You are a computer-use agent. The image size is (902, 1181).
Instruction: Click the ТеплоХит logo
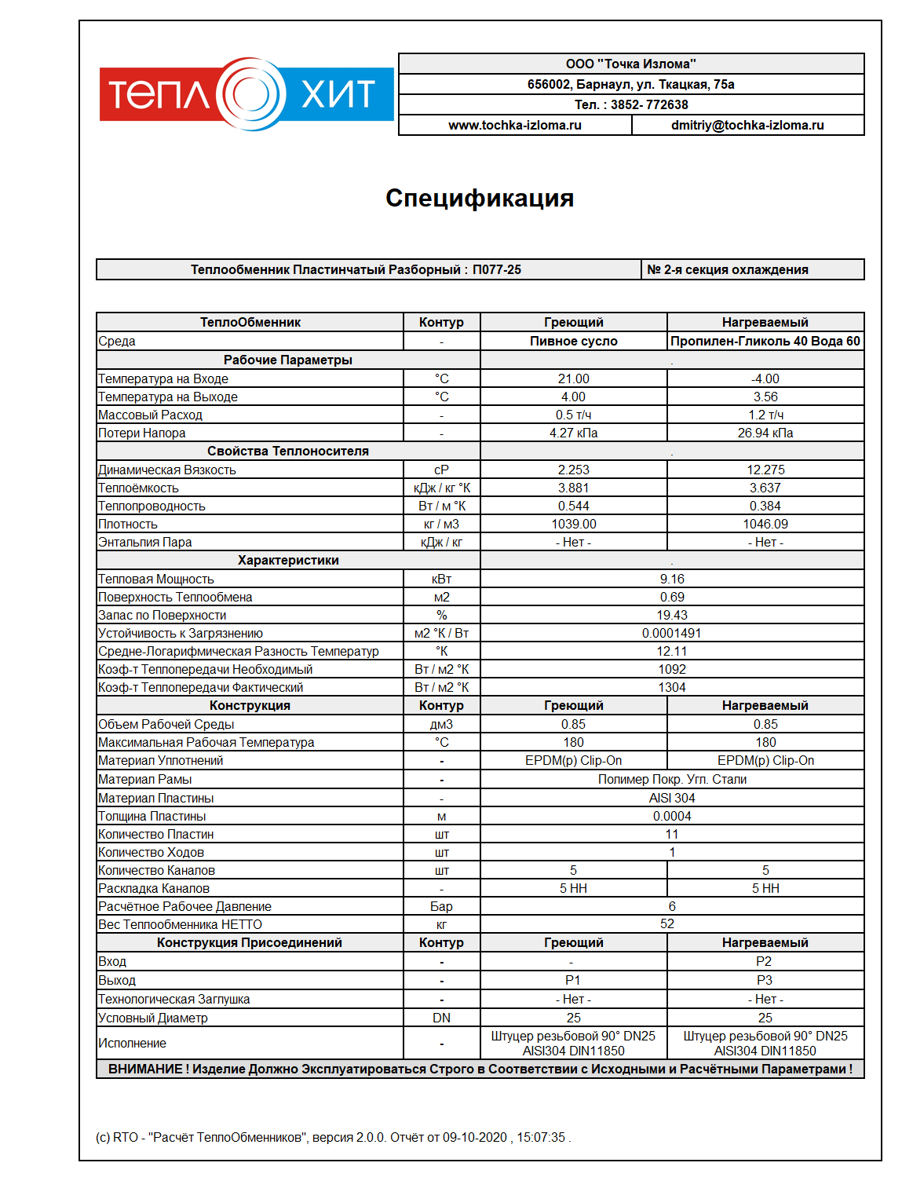pyautogui.click(x=246, y=94)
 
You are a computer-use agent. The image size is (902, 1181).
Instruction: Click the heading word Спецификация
pyautogui.click(x=480, y=198)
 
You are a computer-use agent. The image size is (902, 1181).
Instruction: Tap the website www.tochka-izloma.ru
pyautogui.click(x=515, y=125)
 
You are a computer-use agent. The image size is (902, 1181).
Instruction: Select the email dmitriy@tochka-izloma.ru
pyautogui.click(x=747, y=125)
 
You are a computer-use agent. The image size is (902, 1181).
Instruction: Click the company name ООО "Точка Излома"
pyautogui.click(x=630, y=64)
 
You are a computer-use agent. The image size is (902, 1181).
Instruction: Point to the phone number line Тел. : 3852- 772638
pyautogui.click(x=630, y=104)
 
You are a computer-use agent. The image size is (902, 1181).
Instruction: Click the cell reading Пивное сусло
pyautogui.click(x=573, y=341)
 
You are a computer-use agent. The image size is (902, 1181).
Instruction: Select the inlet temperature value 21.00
pyautogui.click(x=573, y=378)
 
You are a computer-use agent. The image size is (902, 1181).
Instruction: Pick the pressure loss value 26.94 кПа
pyautogui.click(x=765, y=433)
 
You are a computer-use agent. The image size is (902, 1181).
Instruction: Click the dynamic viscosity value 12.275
pyautogui.click(x=765, y=470)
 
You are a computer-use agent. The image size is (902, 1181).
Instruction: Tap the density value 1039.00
pyautogui.click(x=573, y=524)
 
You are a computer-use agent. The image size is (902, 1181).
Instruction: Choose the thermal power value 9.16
pyautogui.click(x=672, y=579)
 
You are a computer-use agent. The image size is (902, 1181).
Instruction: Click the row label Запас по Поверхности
pyautogui.click(x=162, y=615)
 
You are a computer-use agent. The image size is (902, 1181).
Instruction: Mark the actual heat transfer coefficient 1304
pyautogui.click(x=672, y=687)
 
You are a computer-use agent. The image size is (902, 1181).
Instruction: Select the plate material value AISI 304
pyautogui.click(x=672, y=798)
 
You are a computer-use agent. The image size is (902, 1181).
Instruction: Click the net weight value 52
pyautogui.click(x=667, y=924)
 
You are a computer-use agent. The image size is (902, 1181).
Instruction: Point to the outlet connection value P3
pyautogui.click(x=765, y=980)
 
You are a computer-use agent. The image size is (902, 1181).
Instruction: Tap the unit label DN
pyautogui.click(x=441, y=1018)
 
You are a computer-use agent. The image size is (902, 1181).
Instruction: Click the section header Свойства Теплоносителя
pyautogui.click(x=287, y=451)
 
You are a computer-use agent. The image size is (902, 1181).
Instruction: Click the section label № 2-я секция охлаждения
pyautogui.click(x=727, y=269)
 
